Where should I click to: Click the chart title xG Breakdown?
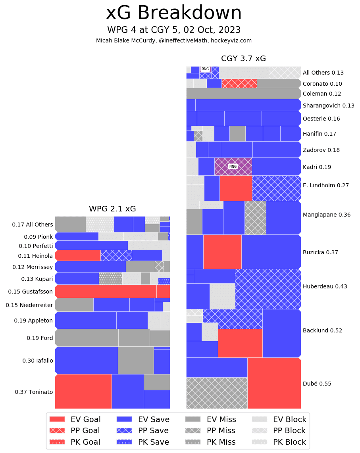point(173,13)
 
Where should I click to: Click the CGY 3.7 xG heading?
point(243,59)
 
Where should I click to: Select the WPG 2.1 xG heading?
point(112,209)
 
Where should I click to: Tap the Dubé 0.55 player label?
point(317,384)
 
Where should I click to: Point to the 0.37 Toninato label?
point(34,392)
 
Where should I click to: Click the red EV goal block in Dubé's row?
point(274,383)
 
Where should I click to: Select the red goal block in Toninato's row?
point(83,391)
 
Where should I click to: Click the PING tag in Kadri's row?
point(233,167)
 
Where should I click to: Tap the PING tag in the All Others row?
point(205,69)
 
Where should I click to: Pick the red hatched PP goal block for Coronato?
point(239,83)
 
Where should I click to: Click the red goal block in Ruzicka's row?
point(222,251)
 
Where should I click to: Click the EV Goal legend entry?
point(75,419)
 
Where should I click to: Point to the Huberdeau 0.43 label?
point(319,286)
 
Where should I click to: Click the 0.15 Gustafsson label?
point(31,292)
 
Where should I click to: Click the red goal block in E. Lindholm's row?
point(236,188)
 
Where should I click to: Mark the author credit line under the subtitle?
point(173,40)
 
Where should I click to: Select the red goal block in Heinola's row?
point(78,255)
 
